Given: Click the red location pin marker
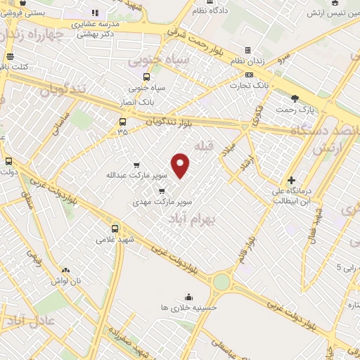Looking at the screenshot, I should tap(181, 165).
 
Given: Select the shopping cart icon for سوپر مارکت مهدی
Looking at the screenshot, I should tap(162, 191).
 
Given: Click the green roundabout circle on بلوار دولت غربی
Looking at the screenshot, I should tap(222, 282).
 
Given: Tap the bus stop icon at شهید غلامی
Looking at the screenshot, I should tap(115, 229).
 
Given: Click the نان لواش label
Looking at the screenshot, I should tap(65, 280).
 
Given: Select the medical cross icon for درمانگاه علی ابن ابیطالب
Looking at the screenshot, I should tap(291, 181).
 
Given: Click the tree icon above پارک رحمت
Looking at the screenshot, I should tap(304, 100).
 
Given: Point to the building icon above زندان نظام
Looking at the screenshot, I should tap(247, 51).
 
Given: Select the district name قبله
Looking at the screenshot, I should tap(203, 146).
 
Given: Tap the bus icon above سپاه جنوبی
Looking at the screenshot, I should tap(146, 77).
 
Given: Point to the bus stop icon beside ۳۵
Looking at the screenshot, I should tap(123, 120).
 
